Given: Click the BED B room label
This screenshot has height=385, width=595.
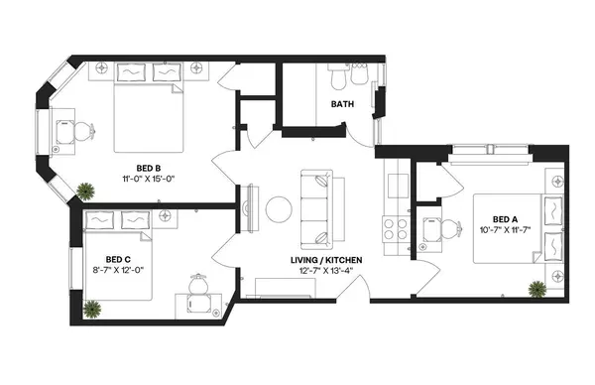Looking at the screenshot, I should [x=149, y=167].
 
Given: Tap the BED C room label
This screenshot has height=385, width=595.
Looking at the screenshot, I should [x=106, y=256].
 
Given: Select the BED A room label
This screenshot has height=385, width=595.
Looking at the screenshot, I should [x=506, y=219].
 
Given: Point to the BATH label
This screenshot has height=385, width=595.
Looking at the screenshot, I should [x=343, y=103].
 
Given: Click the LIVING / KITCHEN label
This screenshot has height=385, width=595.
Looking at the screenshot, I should [x=326, y=260].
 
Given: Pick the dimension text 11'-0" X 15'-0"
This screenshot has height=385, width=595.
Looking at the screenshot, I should [x=149, y=180].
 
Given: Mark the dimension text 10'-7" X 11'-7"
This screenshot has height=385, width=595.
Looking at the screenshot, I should [x=506, y=231].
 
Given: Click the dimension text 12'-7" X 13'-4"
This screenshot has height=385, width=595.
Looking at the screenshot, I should [x=326, y=273].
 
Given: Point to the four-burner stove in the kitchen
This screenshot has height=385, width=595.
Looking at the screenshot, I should [x=395, y=224].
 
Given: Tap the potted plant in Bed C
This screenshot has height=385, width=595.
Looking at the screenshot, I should [x=93, y=309].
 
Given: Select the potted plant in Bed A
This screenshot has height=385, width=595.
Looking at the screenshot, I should [x=536, y=290].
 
